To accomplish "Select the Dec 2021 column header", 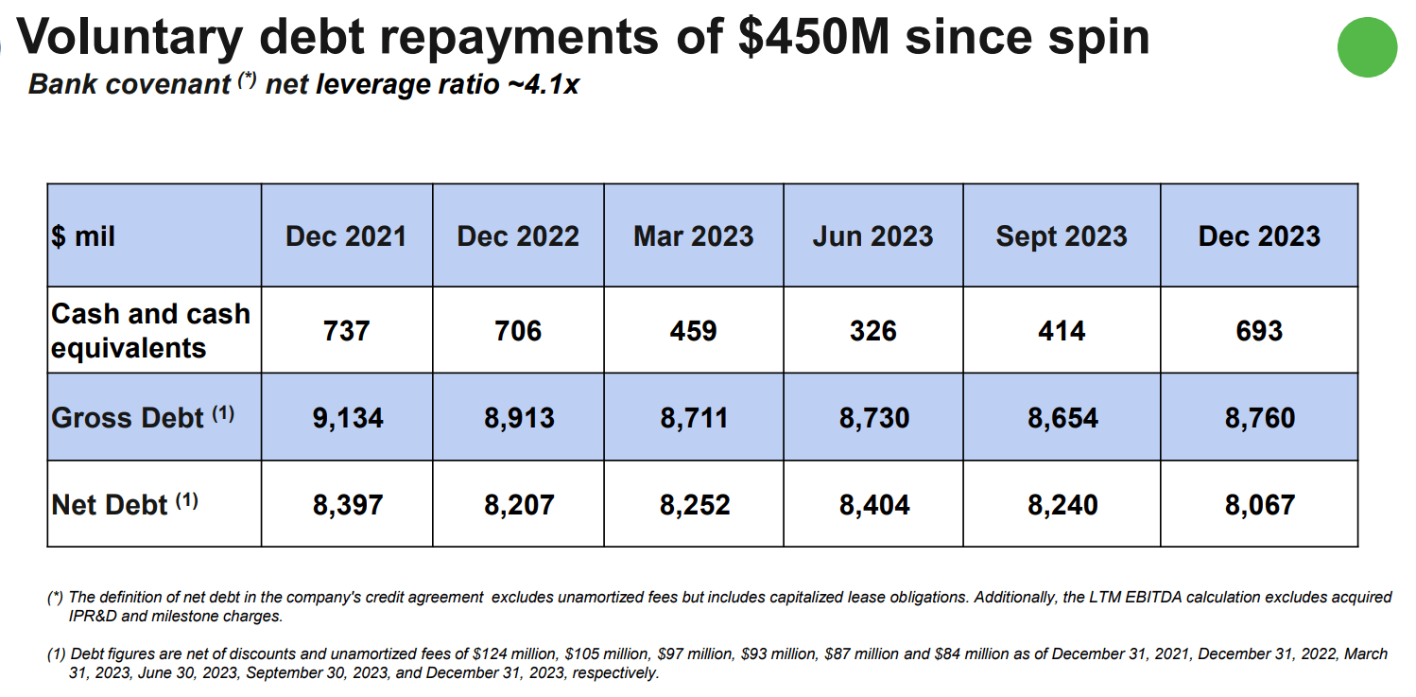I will coord(346,236).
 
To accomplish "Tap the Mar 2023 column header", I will coord(693,236).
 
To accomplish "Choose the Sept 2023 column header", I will coord(1061,236).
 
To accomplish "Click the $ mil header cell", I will coord(84,236).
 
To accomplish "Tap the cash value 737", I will coord(346,331).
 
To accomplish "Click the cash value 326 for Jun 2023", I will coord(872,331).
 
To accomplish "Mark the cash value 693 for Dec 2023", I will coord(1259,331).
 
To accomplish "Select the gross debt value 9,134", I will coord(348,418).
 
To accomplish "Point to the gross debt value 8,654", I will coord(1062,418).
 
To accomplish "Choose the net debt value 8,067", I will coord(1259,505).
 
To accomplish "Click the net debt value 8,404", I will coord(874,505).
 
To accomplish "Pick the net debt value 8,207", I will coord(519,505).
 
